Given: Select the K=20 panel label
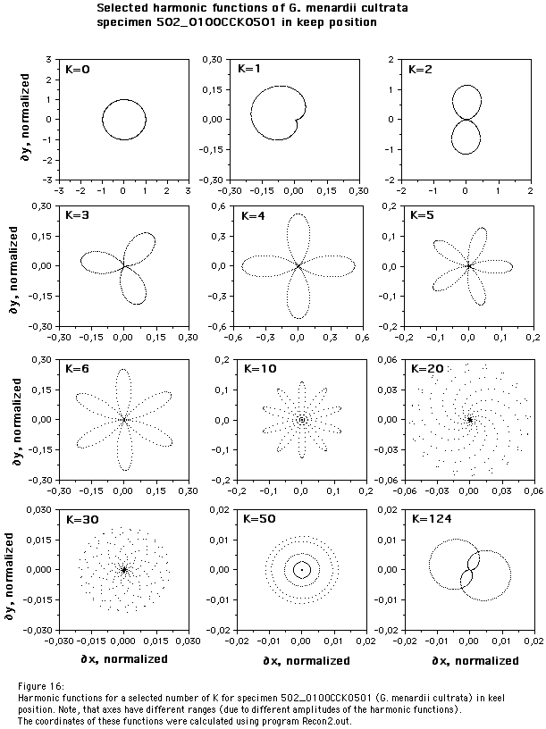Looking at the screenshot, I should click(425, 368).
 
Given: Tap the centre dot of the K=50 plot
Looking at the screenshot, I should click(302, 569).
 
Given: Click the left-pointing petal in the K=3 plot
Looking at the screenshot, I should click(98, 261).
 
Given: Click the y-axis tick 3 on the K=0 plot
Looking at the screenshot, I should click(49, 59).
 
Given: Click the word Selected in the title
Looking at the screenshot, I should click(123, 7).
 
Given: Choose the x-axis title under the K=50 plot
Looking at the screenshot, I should click(303, 660).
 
